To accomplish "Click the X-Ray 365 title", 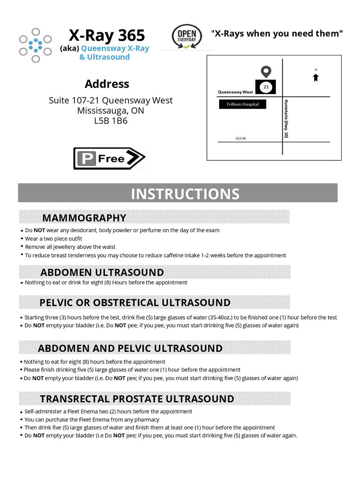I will point(107,35).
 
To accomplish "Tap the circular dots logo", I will point(35,45).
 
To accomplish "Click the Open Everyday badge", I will point(186,37).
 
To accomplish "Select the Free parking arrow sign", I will point(109,158).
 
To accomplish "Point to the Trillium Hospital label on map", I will point(243,104).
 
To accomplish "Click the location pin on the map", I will point(266,72).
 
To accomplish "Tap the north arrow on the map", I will point(316,77).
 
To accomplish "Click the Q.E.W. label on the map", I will point(241,138).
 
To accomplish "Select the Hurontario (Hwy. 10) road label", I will point(286,119).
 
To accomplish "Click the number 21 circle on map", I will point(266,87).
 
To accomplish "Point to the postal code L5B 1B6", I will point(111,121).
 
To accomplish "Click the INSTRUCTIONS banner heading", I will point(185,194).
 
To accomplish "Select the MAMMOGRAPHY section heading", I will point(84,218).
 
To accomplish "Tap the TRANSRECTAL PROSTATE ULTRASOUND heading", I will point(137,399).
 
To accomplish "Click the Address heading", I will point(107,84).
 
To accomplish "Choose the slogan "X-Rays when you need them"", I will point(277,33).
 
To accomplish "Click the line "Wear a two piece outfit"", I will point(53,239).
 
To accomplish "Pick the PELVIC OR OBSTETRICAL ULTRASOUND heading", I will point(135,303).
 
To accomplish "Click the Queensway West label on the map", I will point(235,92).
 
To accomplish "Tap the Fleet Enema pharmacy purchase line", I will point(91,419).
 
